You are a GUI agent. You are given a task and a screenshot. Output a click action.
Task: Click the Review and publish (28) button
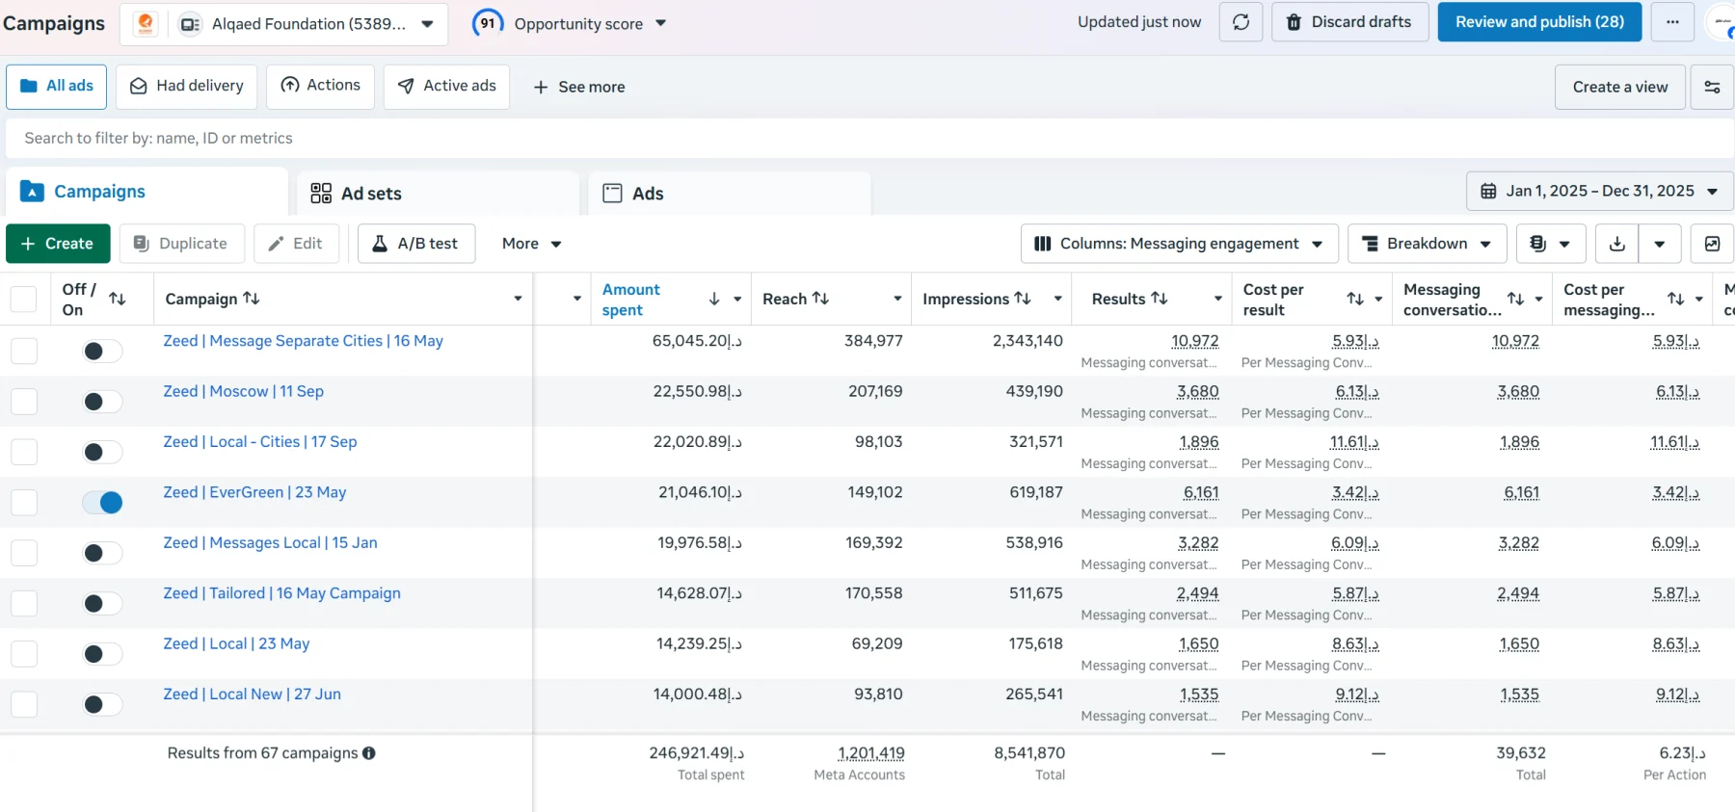coord(1539,22)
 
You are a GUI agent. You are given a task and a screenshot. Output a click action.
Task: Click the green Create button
coord(58,244)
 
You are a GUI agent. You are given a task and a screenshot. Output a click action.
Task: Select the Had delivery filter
coord(187,87)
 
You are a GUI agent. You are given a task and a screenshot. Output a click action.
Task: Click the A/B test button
coord(416,244)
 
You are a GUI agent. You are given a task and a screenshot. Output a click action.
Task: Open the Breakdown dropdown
coord(1427,244)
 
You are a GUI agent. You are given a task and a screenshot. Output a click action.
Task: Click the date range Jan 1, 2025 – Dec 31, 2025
coord(1599,191)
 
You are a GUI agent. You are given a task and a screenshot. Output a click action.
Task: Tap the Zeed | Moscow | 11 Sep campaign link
coord(244,391)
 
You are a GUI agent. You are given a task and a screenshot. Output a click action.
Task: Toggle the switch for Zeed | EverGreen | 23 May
coord(102,502)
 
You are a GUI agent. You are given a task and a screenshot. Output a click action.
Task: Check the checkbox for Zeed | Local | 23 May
coord(24,654)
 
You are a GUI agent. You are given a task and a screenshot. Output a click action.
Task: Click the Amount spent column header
coord(630,300)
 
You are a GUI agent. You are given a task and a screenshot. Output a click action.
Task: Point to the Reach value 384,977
coord(873,341)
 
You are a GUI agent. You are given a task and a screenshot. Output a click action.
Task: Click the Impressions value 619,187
coord(1036,492)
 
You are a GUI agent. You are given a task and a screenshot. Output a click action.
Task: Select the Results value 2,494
coord(1197,593)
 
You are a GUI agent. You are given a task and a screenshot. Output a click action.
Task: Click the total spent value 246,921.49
coord(696,753)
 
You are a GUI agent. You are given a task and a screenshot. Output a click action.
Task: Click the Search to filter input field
coord(867,139)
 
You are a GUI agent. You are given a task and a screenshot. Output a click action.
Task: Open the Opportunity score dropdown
coord(570,23)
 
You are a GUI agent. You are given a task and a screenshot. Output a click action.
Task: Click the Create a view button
coord(1620,87)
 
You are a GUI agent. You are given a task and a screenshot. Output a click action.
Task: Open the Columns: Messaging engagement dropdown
coord(1179,244)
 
